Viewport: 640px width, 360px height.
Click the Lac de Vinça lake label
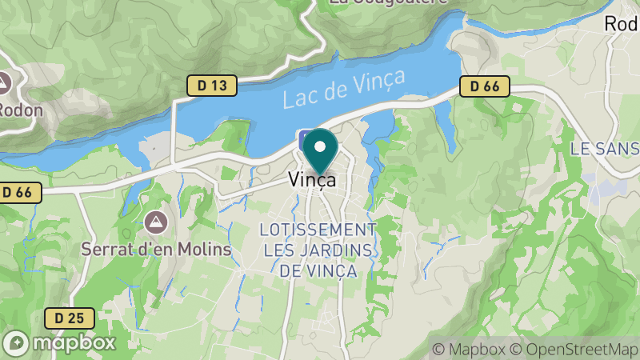344,89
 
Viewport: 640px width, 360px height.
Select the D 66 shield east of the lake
485,86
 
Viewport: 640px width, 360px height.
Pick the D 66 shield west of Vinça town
17,192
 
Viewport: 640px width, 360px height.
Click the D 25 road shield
70,318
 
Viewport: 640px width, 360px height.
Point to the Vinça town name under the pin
312,181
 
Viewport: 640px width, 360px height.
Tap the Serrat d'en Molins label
156,249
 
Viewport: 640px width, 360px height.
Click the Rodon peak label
21,110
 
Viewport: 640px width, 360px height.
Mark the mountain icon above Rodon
4,82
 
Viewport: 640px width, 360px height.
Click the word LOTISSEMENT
318,230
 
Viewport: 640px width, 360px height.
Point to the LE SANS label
605,149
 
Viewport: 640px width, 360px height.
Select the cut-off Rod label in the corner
622,24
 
